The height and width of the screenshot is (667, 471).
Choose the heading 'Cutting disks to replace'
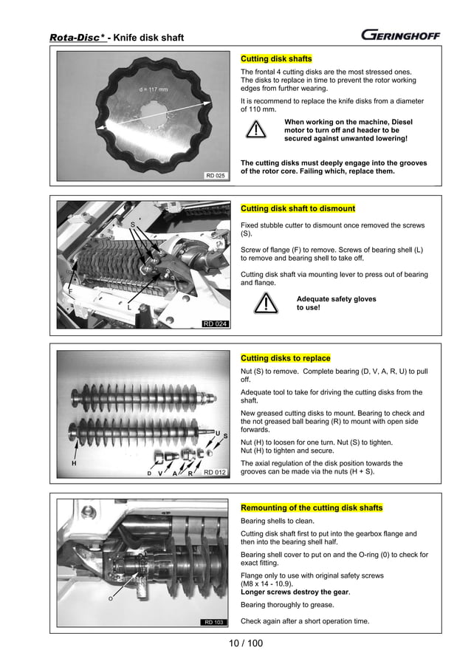(286, 358)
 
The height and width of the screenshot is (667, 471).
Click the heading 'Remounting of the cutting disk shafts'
(312, 507)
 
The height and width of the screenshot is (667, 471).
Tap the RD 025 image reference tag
(215, 176)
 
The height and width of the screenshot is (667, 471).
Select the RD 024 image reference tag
(215, 324)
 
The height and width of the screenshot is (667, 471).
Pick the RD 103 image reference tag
(215, 622)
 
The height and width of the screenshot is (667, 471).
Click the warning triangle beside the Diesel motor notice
(256, 129)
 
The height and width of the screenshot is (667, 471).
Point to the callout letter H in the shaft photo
(74, 464)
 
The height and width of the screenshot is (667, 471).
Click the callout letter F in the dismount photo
(71, 292)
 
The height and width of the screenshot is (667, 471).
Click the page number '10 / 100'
(246, 643)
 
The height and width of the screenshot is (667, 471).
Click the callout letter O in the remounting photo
(111, 598)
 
